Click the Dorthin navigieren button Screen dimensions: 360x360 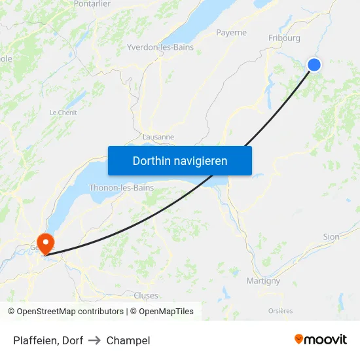click(180, 160)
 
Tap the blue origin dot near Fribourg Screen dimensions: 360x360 click(314, 64)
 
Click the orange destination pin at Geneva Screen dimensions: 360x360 click(46, 243)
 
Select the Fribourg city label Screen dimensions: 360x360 click(284, 38)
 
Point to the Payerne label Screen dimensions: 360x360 click(231, 32)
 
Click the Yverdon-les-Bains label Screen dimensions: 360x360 click(160, 47)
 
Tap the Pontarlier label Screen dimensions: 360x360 click(92, 4)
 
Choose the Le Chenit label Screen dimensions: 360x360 click(63, 113)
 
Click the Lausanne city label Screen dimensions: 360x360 click(158, 137)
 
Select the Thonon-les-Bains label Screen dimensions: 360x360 click(121, 188)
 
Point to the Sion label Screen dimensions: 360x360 click(331, 237)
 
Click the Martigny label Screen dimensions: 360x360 click(263, 281)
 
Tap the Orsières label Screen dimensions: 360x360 click(280, 311)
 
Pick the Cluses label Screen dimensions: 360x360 click(145, 296)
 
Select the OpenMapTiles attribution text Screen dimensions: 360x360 click(166, 312)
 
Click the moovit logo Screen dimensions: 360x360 click(321, 339)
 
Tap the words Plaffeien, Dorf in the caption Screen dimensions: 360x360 click(48, 340)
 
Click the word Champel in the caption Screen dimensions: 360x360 click(128, 340)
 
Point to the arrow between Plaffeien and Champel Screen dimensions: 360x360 click(94, 340)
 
